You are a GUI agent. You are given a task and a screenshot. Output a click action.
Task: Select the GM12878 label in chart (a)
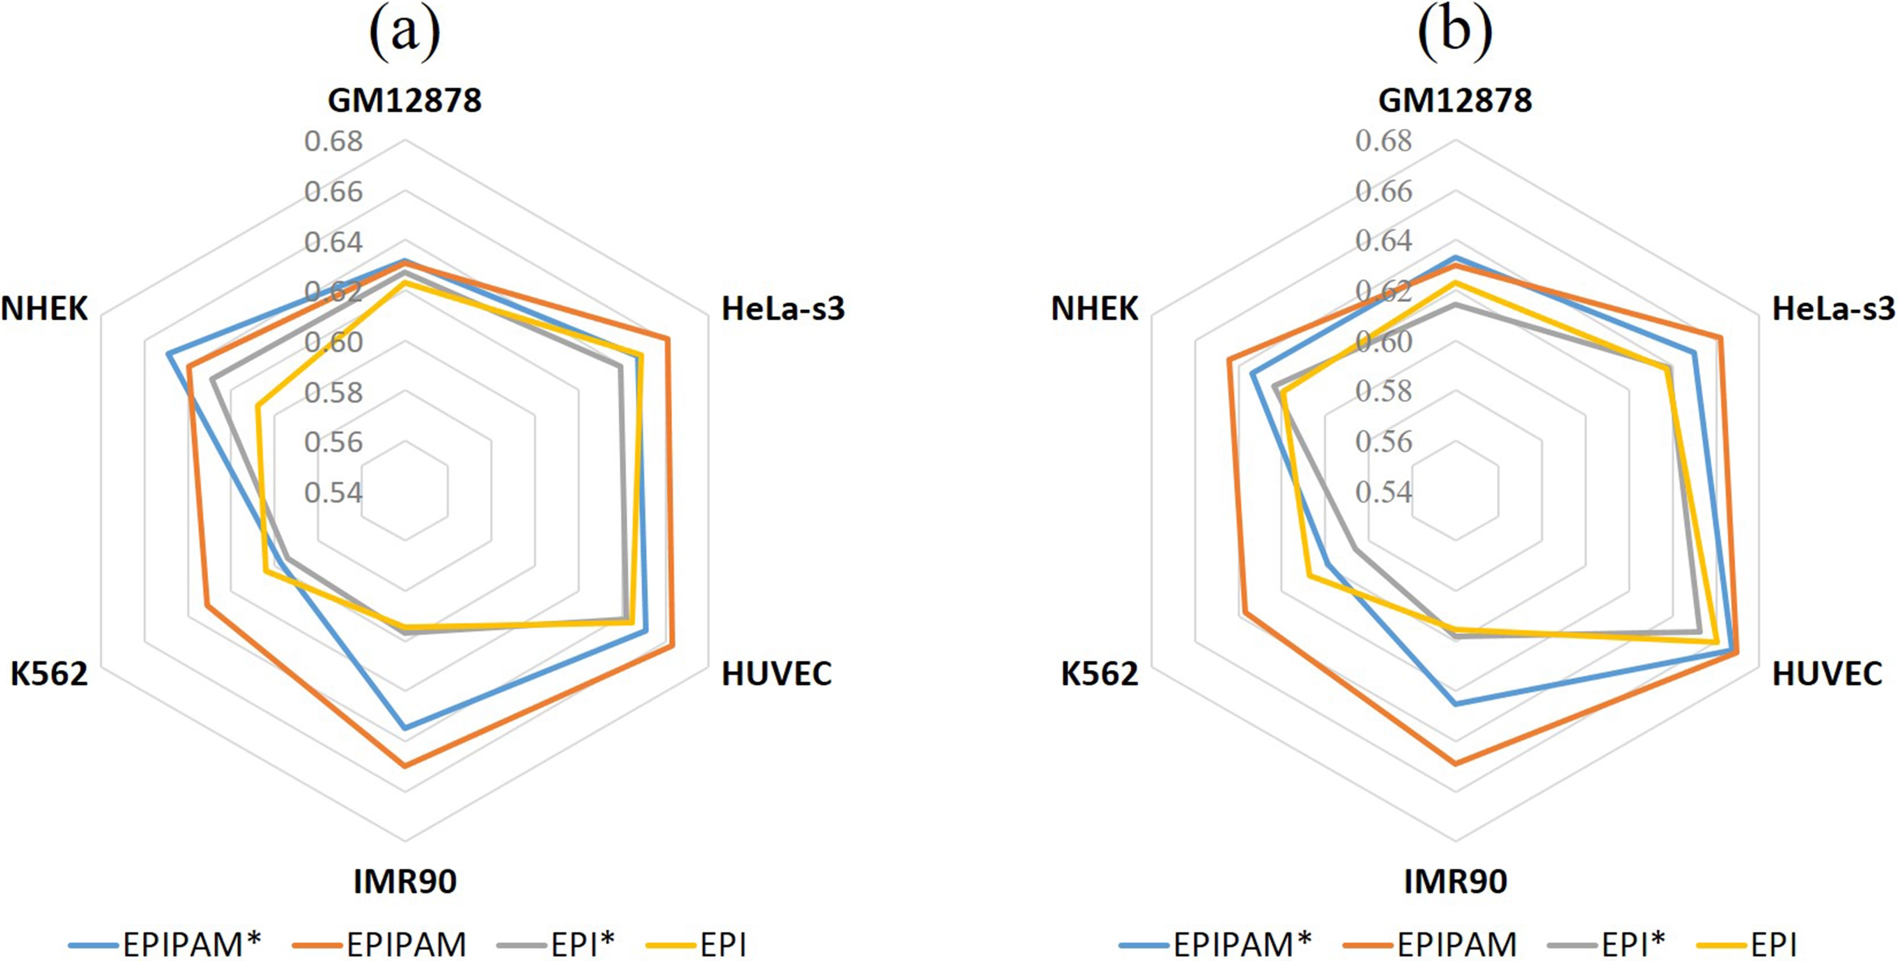[405, 100]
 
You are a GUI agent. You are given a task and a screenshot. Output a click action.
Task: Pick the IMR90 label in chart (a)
[405, 881]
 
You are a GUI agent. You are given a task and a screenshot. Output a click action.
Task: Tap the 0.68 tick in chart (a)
[334, 141]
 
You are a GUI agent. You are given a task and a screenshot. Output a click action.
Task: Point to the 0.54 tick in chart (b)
[1384, 492]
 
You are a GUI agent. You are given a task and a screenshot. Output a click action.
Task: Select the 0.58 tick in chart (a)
[334, 393]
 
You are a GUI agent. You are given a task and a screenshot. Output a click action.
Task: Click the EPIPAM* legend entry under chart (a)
[166, 944]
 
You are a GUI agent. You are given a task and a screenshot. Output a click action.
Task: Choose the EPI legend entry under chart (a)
[696, 944]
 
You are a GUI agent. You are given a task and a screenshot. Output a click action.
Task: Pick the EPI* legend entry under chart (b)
[1607, 944]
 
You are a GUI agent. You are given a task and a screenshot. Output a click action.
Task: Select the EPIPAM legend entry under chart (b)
[1430, 944]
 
